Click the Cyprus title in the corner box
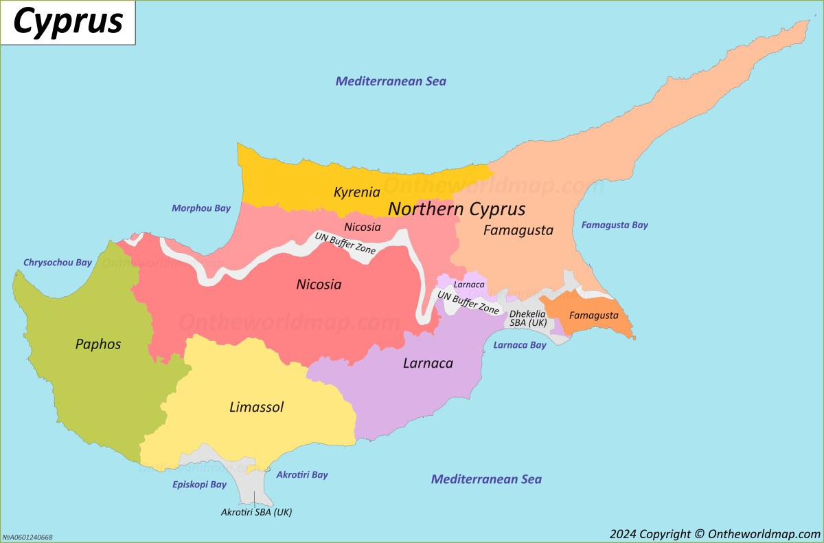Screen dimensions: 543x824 67,22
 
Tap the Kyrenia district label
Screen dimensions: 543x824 357,192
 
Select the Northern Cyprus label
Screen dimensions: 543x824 457,209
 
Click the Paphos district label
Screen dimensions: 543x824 98,344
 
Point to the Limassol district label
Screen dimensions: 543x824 256,407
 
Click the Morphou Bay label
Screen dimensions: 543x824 201,208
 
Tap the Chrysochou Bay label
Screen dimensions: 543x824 58,263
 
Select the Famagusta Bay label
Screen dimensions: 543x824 615,225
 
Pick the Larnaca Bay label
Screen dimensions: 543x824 520,345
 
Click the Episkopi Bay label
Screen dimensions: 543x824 199,485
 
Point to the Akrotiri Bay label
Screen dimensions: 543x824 302,475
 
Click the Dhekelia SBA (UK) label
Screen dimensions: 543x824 527,318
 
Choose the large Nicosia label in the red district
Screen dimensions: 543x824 319,284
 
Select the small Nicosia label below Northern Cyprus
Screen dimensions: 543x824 363,227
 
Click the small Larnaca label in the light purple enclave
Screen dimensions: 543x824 470,285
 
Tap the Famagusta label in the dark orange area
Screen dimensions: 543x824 594,315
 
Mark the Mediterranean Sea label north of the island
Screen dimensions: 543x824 391,81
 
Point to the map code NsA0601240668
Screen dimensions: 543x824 27,538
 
